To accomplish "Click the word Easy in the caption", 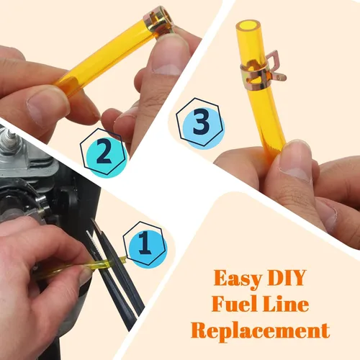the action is click(x=238, y=279).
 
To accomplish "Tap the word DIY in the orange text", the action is click(x=287, y=277).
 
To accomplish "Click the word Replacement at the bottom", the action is click(x=261, y=331).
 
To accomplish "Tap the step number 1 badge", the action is click(x=145, y=244).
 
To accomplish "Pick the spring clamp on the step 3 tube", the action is click(x=261, y=71).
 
